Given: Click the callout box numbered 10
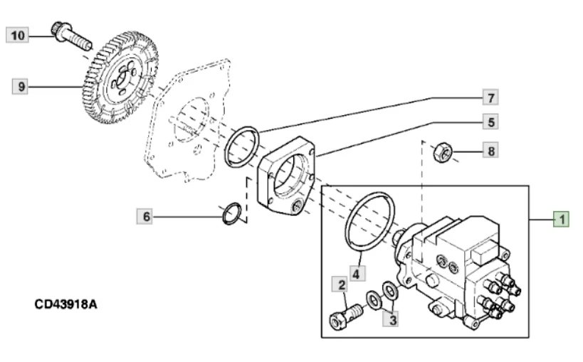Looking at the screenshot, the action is [18, 36].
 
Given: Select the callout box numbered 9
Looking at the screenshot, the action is [21, 87].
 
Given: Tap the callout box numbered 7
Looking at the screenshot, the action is [490, 97].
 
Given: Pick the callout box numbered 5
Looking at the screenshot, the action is [490, 122].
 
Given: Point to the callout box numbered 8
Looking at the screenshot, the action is [490, 151].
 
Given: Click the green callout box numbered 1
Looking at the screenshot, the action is [562, 219].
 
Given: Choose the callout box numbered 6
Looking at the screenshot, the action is [145, 216].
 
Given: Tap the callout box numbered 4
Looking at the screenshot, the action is [357, 274].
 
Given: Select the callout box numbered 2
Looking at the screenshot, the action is [340, 284].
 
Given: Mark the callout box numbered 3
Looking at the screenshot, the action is [391, 319].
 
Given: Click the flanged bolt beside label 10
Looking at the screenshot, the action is [71, 36].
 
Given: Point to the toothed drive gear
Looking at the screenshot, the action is [120, 78].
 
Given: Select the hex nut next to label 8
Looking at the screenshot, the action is [443, 151].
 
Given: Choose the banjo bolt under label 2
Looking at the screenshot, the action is [346, 316].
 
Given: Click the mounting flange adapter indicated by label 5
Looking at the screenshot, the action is [285, 177].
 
